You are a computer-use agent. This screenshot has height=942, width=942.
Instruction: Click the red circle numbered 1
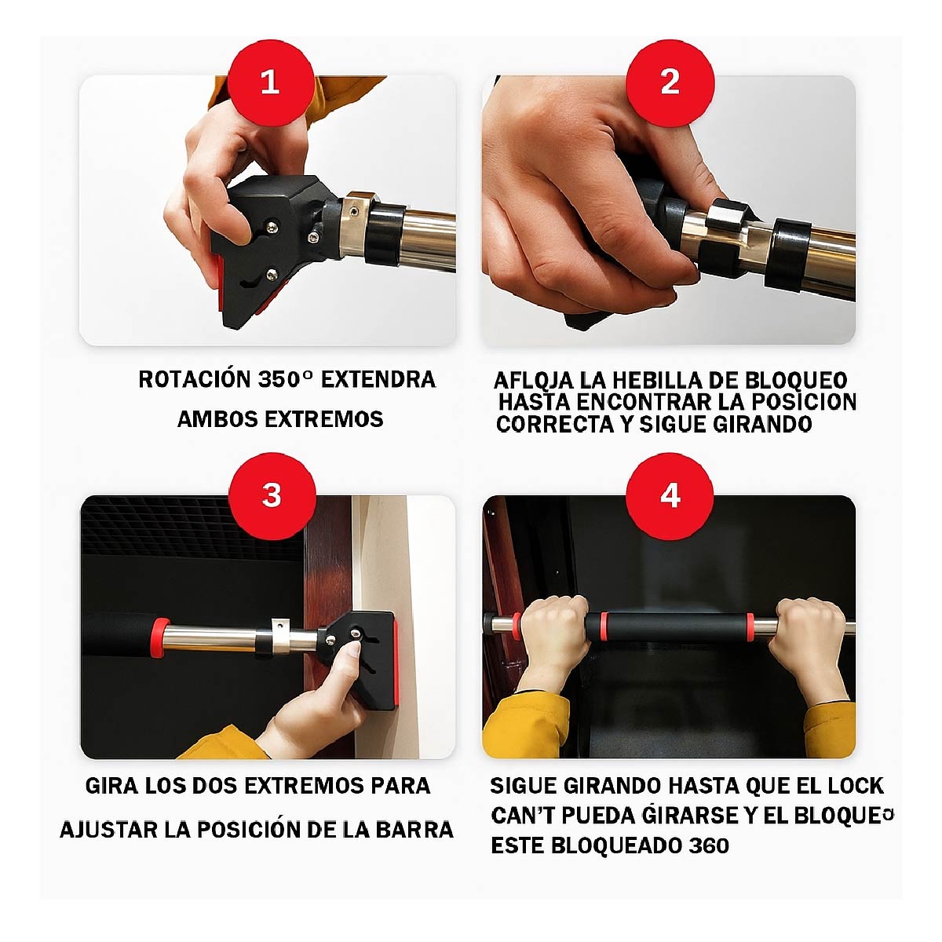pyautogui.click(x=271, y=81)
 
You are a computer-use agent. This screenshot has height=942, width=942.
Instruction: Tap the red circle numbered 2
pyautogui.click(x=670, y=81)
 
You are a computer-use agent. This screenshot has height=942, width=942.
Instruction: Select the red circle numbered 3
pyautogui.click(x=272, y=495)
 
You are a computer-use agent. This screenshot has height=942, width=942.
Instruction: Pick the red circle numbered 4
pyautogui.click(x=670, y=495)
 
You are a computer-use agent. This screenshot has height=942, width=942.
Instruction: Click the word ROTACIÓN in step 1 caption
pyautogui.click(x=194, y=380)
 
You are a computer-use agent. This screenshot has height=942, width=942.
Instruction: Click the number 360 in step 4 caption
pyautogui.click(x=709, y=846)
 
